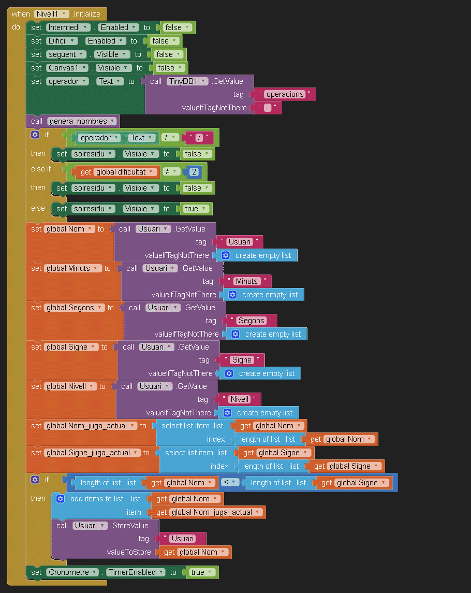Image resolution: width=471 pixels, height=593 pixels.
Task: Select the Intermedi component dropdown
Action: [68, 27]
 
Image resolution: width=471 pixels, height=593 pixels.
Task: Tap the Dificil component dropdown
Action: [62, 41]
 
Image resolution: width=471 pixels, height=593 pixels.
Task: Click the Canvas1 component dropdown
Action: [68, 68]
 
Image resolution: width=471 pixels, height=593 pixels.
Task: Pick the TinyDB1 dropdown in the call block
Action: [187, 81]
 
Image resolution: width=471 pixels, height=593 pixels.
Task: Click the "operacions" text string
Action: [285, 94]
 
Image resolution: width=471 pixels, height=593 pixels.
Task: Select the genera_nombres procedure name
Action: [82, 121]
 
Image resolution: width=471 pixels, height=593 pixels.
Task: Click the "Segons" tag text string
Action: [252, 321]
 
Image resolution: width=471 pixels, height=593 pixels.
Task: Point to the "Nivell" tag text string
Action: [240, 399]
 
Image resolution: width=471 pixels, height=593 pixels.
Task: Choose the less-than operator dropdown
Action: [231, 483]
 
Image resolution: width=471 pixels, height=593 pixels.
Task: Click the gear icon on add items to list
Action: [60, 499]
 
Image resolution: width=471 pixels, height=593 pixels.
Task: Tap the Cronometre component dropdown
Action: [73, 572]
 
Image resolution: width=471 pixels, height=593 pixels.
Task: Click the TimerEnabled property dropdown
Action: [135, 572]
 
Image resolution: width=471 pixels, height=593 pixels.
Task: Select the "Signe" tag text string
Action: [242, 360]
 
